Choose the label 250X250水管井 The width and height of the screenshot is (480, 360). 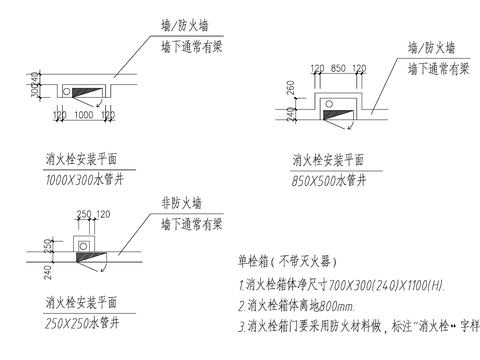(x=83, y=323)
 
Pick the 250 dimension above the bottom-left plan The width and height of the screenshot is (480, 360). (x=83, y=213)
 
